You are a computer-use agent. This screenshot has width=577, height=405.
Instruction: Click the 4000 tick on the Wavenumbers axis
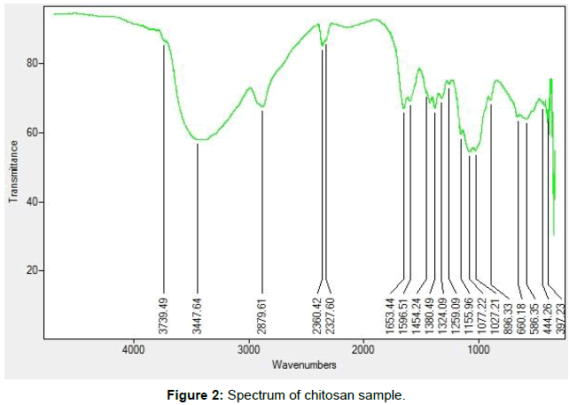click(x=134, y=350)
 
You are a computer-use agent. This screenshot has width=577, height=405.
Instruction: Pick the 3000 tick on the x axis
click(x=248, y=350)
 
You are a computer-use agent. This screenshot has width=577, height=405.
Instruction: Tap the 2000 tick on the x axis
click(x=363, y=350)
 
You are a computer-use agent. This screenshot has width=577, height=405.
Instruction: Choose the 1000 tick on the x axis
click(x=479, y=350)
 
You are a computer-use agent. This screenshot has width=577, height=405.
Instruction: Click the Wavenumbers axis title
click(x=304, y=364)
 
